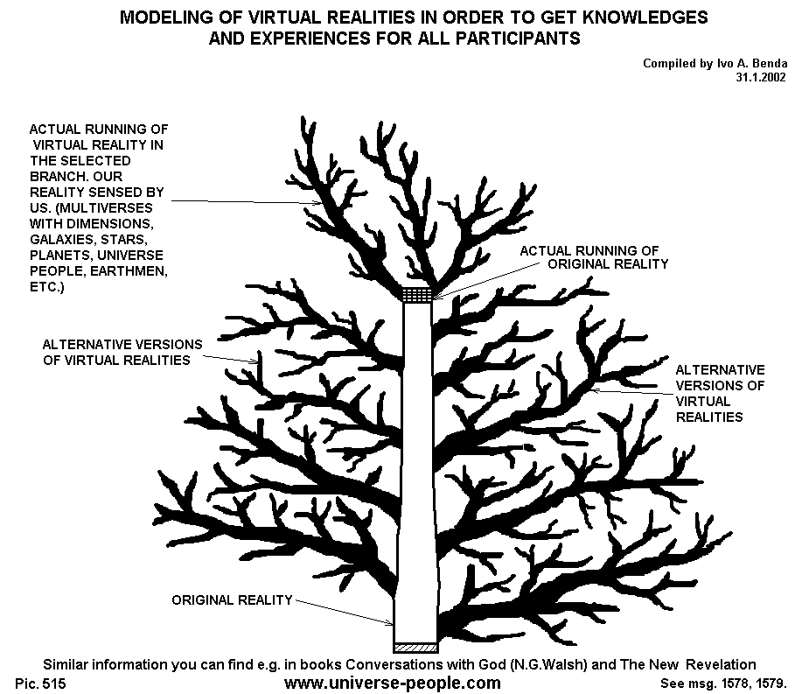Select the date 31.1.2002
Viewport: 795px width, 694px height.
tap(761, 77)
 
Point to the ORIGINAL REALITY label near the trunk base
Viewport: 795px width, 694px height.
tap(231, 600)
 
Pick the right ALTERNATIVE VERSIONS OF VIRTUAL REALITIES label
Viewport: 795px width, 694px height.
tap(719, 393)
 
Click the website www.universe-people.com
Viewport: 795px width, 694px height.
tap(394, 683)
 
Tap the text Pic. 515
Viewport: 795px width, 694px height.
tap(41, 683)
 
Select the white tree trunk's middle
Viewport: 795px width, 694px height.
tap(416, 473)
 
